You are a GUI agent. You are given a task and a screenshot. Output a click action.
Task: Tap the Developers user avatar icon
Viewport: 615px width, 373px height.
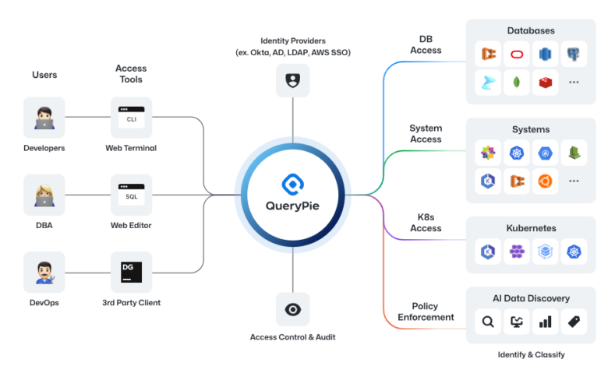[x=44, y=118]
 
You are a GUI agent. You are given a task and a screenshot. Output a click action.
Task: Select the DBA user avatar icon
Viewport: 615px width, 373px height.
[x=44, y=195]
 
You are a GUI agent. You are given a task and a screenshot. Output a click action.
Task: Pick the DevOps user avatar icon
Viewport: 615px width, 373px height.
[x=44, y=272]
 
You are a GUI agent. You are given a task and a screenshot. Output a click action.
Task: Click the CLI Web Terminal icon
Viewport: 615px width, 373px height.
[x=131, y=118]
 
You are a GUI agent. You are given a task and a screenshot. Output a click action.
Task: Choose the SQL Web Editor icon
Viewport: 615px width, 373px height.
[x=131, y=195]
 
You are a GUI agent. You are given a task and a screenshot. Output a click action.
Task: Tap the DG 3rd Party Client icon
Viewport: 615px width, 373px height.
[x=131, y=272]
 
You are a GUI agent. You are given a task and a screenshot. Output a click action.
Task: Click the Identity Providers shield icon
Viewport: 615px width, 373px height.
[x=292, y=79]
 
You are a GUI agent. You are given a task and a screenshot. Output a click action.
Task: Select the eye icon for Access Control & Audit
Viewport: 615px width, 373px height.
[x=292, y=309]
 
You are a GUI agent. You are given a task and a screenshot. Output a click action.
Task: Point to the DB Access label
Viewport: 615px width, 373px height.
[x=425, y=44]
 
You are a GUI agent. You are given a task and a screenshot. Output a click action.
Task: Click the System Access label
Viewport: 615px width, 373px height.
[x=425, y=133]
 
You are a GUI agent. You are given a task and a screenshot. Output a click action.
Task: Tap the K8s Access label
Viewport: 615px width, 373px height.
[x=425, y=223]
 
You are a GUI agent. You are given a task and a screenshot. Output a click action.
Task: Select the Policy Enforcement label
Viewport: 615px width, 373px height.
[x=425, y=311]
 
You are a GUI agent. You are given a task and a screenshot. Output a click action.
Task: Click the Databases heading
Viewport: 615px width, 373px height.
[x=530, y=30]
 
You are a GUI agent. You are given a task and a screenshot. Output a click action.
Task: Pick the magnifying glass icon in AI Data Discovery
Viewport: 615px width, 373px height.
[x=488, y=321]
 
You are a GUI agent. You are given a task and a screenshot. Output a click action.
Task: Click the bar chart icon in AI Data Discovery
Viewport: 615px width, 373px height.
[x=545, y=321]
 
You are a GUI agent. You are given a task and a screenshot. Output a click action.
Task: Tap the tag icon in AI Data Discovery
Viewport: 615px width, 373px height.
[x=574, y=321]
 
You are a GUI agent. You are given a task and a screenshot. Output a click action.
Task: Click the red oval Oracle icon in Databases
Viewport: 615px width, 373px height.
[x=517, y=54]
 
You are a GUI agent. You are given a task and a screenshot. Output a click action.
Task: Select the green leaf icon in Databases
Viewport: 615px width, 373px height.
[x=517, y=82]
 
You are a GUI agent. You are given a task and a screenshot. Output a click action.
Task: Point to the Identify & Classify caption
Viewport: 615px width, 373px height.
[x=530, y=355]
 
